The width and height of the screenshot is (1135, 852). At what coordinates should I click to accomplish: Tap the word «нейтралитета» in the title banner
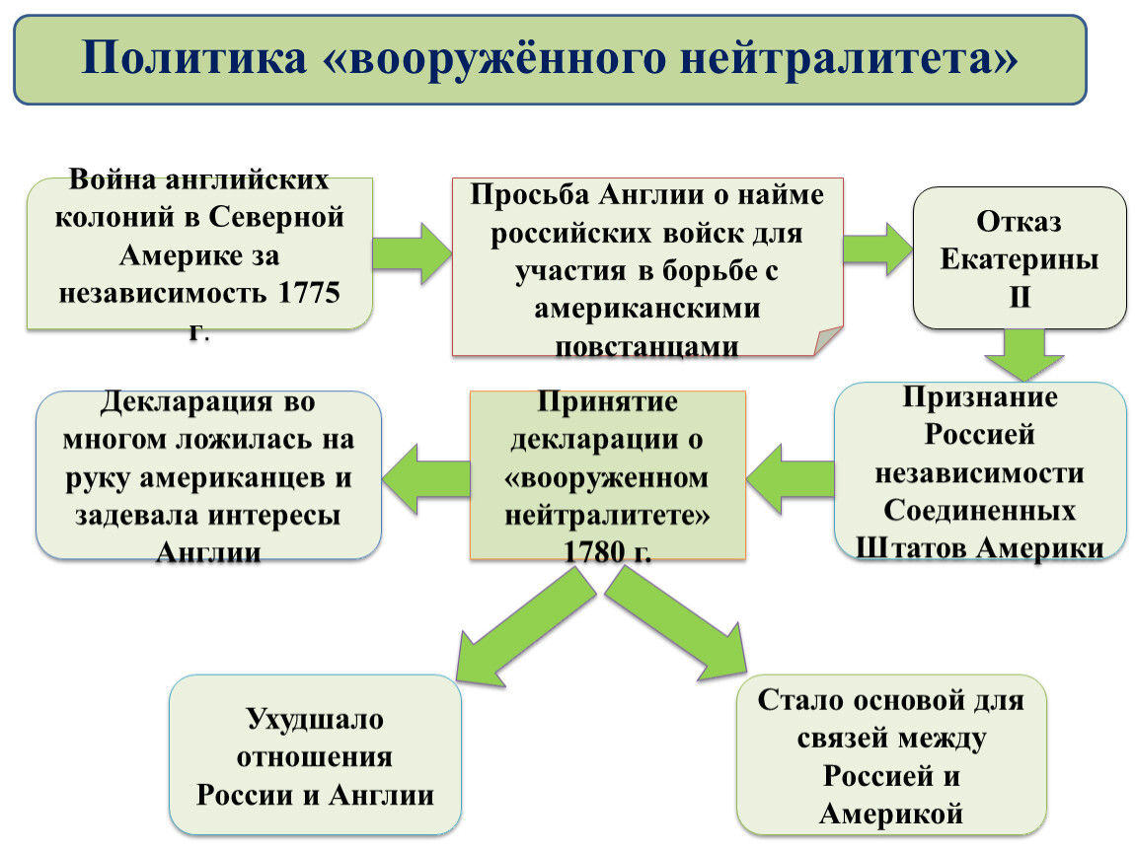tap(849, 58)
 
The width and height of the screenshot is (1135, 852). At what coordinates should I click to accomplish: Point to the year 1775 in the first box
tap(309, 292)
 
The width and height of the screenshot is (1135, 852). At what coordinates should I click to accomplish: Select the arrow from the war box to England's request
tap(412, 253)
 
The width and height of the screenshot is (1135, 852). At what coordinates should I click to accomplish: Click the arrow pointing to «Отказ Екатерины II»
tap(878, 248)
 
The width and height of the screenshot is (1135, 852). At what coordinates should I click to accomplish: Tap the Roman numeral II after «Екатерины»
tap(1020, 297)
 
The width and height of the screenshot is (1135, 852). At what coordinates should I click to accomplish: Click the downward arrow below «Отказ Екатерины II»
tap(1023, 355)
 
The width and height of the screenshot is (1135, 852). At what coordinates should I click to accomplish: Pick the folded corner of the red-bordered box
tap(828, 340)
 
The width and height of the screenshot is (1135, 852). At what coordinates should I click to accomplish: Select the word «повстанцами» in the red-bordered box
tap(646, 346)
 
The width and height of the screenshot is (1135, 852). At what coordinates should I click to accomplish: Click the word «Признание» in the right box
tap(980, 396)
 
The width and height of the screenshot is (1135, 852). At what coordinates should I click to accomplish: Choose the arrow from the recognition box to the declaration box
tap(790, 479)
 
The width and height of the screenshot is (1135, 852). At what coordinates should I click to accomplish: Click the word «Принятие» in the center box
tap(607, 401)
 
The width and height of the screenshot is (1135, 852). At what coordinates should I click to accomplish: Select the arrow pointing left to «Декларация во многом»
tap(426, 479)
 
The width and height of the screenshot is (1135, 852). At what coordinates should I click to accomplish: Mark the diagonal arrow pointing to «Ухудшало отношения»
tap(525, 626)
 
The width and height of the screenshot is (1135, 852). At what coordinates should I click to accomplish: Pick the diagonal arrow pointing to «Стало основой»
tap(675, 623)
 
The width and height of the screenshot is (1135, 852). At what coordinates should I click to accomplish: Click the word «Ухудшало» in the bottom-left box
tap(315, 719)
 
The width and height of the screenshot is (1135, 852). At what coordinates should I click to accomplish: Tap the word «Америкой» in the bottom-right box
tap(891, 814)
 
